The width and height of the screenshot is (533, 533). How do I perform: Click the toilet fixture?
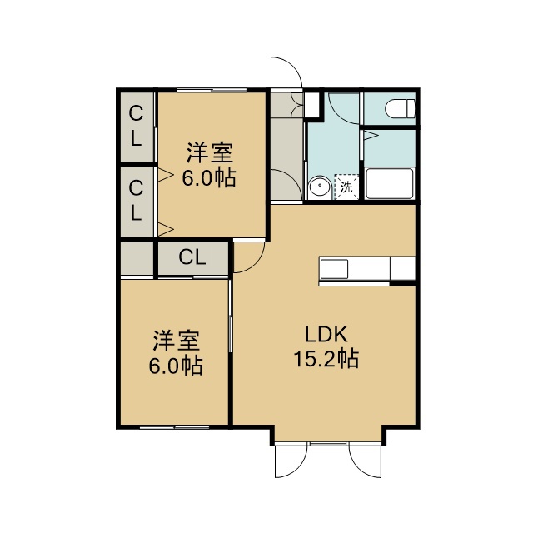coord(400,109)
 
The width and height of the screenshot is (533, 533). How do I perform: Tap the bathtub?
coord(389,183)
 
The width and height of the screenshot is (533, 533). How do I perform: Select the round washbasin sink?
coord(320,187)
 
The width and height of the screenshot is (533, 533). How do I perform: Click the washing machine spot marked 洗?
coord(346,187)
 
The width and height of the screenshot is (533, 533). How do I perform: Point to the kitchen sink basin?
coord(334,270)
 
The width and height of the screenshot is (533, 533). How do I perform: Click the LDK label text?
coord(326,334)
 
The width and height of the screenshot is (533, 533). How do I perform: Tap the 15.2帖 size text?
coord(326,359)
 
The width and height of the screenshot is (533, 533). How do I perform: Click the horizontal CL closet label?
coord(192,257)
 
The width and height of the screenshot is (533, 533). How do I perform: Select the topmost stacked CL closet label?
coord(136,126)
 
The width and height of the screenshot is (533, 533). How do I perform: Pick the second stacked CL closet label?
coord(136,200)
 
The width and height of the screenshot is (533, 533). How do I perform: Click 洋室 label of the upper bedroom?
coord(209,152)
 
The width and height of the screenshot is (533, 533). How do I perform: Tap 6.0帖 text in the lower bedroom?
coord(176,366)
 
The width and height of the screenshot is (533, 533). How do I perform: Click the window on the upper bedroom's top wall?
coord(212,90)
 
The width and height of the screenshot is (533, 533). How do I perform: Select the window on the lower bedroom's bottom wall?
coord(174,427)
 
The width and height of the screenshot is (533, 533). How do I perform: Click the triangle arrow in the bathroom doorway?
coord(371,136)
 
